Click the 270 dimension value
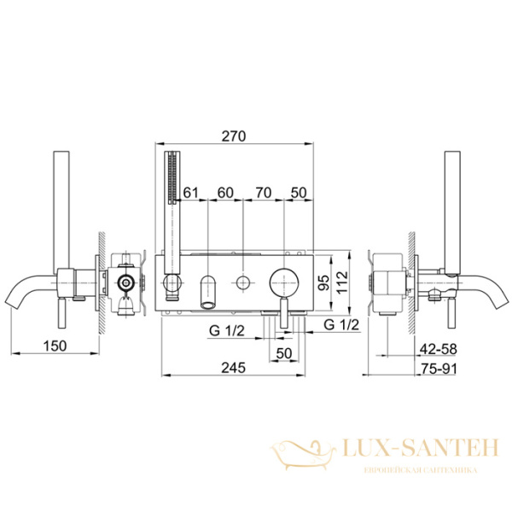pyautogui.click(x=234, y=137)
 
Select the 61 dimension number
pyautogui.click(x=190, y=193)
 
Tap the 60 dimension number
pyautogui.click(x=225, y=193)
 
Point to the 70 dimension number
pyautogui.click(x=264, y=193)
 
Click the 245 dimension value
pyautogui.click(x=234, y=368)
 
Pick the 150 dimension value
pyautogui.click(x=55, y=346)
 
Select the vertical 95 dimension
pyautogui.click(x=324, y=283)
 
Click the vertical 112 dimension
pyautogui.click(x=342, y=282)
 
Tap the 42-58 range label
pyautogui.click(x=439, y=349)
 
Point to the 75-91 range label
pyautogui.click(x=439, y=369)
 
